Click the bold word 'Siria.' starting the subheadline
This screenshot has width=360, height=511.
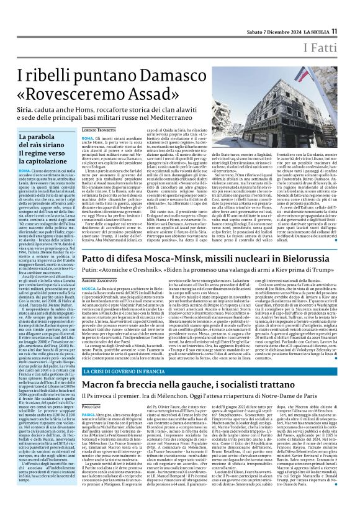point(27,115)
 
